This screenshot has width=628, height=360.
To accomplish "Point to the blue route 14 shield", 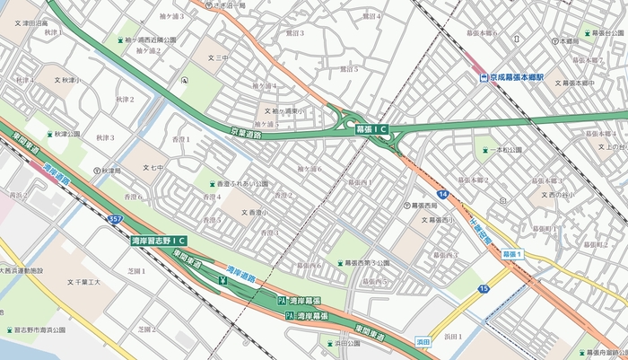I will [x=444, y=194].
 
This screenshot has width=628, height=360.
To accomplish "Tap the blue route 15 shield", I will [x=484, y=288].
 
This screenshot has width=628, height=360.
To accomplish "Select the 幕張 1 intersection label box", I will [x=512, y=256].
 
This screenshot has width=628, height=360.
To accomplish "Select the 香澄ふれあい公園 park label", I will [x=238, y=183].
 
